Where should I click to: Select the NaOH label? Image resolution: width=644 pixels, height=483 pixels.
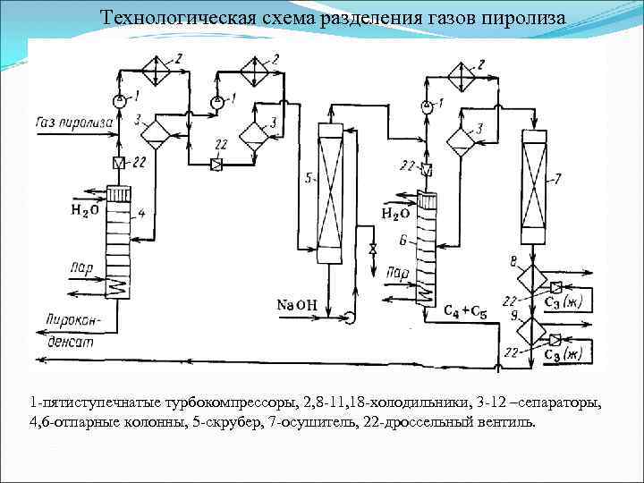coord(298,306)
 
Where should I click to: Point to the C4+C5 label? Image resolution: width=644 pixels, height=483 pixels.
coord(465,312)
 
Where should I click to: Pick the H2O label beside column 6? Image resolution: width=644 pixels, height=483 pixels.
coord(395,214)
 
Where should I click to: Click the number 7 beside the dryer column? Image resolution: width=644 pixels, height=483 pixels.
coord(557,180)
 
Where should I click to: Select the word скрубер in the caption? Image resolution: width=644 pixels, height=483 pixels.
coord(225,421)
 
